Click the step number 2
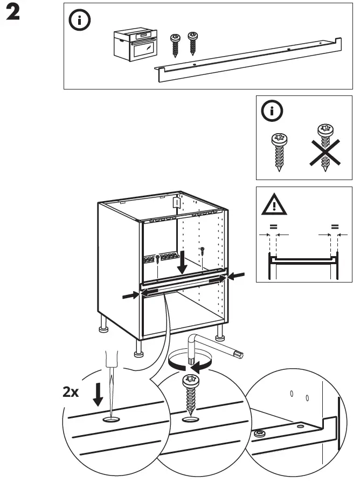pos(13,15)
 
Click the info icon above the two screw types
pos(271,112)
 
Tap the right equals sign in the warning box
pos(334,227)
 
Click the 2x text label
pos(71,392)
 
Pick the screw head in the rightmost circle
pos(259,433)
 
